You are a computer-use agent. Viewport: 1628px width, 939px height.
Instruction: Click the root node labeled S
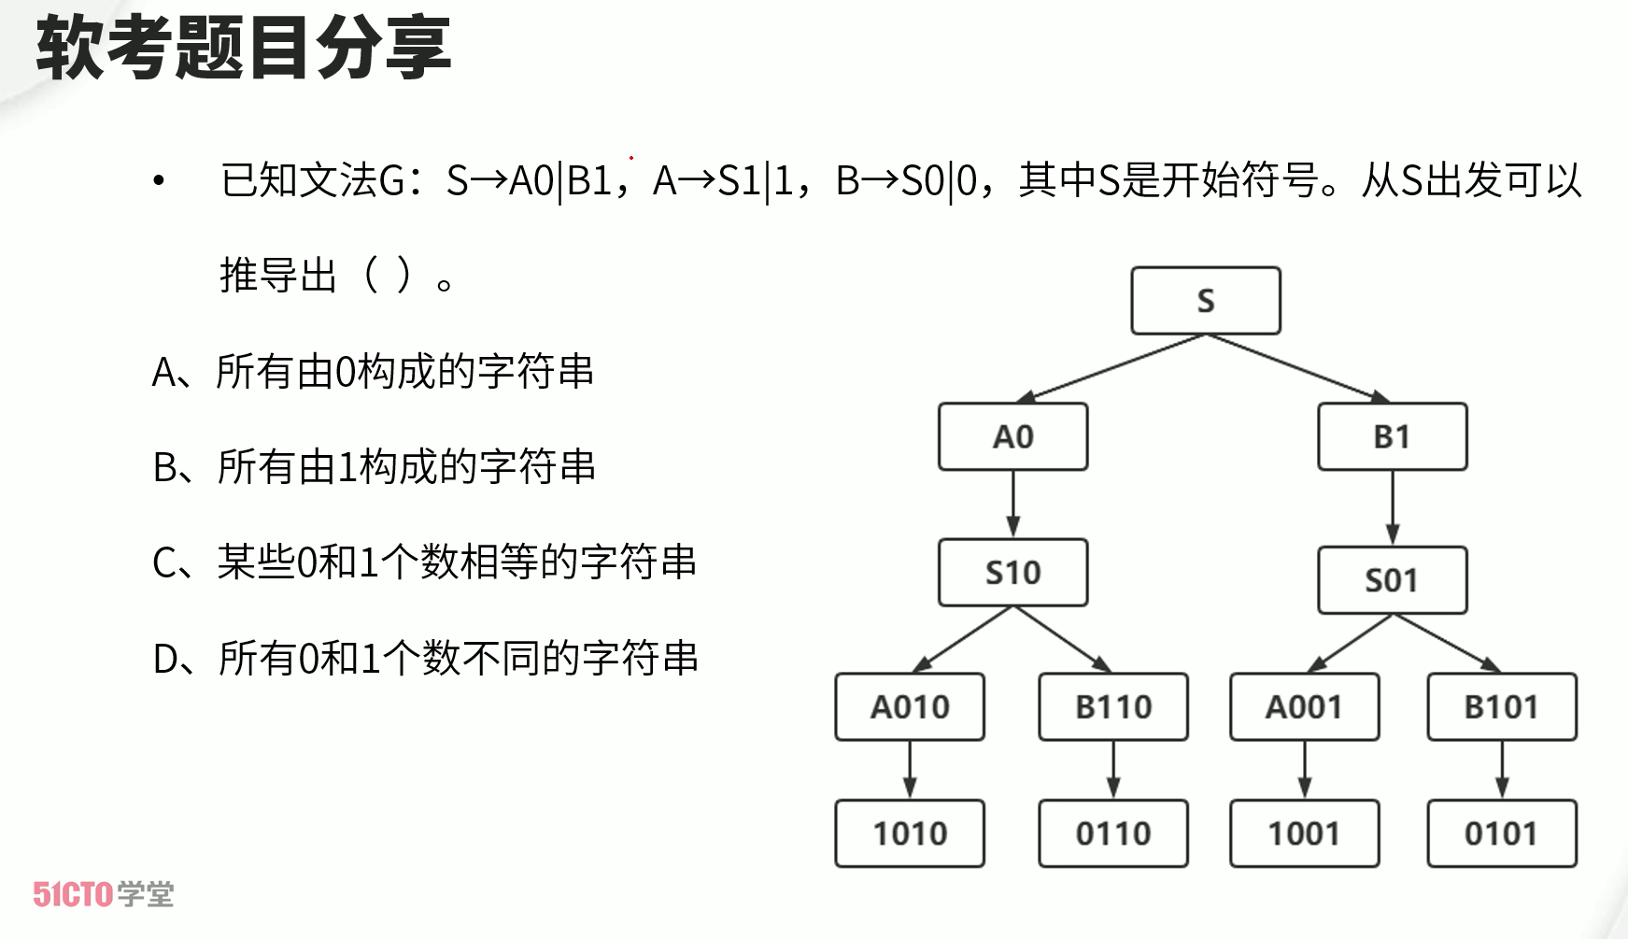[1205, 301]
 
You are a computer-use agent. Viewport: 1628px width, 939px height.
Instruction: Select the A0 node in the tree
[1012, 436]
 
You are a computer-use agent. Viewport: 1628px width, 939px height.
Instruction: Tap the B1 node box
[1392, 436]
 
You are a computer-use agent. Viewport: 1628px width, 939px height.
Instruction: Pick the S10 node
[1012, 572]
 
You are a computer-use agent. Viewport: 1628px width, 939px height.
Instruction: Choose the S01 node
[1392, 580]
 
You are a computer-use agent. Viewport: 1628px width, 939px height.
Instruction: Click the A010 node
[910, 707]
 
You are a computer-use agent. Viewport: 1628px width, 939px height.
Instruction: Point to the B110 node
[1113, 707]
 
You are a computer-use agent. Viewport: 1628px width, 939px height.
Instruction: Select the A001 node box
[1304, 707]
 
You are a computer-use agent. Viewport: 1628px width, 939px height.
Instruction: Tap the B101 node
[1501, 707]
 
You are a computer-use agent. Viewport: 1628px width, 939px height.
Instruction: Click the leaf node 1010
[910, 833]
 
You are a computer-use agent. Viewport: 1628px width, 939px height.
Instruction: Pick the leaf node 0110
[1113, 833]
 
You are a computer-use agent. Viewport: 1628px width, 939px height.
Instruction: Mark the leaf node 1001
[1304, 833]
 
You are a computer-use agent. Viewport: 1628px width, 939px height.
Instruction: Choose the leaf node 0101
[1501, 833]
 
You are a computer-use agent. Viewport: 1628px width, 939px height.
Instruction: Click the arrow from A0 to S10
[1013, 505]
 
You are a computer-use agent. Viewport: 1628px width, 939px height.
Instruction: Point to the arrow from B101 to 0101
[1502, 770]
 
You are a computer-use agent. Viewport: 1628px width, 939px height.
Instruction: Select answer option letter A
[163, 373]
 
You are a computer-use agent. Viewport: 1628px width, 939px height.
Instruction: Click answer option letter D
[165, 660]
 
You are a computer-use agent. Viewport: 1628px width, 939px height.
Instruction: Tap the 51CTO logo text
[73, 894]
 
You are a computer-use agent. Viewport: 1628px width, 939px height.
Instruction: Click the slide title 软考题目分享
[244, 47]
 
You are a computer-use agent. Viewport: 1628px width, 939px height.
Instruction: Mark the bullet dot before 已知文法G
[159, 180]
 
